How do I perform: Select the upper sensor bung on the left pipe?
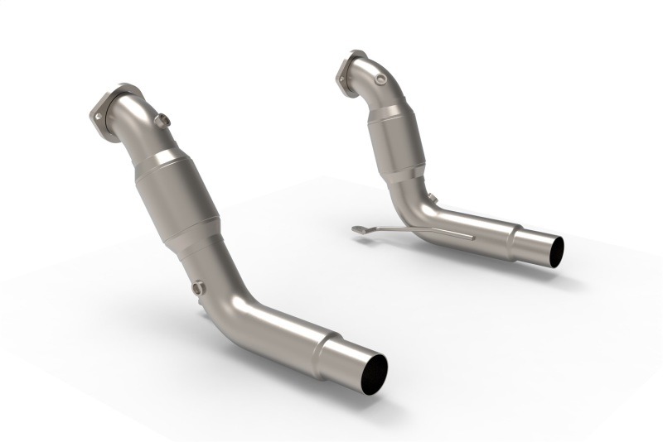(x=164, y=121)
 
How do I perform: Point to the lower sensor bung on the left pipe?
(x=198, y=288)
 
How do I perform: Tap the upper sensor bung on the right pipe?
(x=380, y=79)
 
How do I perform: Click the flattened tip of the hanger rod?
(x=358, y=229)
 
